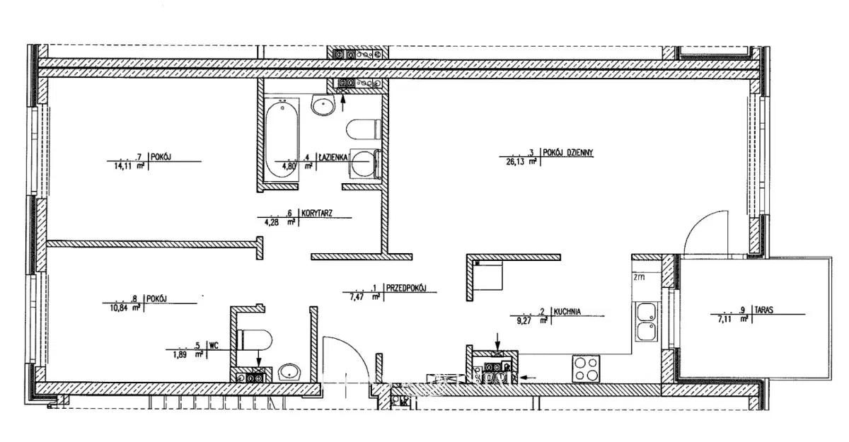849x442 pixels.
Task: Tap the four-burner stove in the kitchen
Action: (x=585, y=368)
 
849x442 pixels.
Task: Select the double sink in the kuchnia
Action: (x=645, y=322)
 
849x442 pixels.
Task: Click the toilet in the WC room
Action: (x=253, y=339)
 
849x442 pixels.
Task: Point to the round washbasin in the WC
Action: (x=289, y=372)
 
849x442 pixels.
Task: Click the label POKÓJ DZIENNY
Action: (x=572, y=152)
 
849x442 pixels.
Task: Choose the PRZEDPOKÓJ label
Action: (x=407, y=289)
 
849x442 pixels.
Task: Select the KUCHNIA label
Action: (x=567, y=311)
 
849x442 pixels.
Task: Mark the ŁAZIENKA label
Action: (x=332, y=158)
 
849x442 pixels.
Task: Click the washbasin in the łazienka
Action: (x=323, y=107)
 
